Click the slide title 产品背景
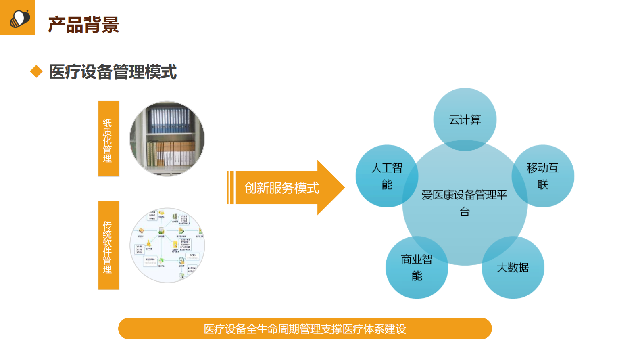pos(83,25)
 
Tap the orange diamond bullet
pos(36,72)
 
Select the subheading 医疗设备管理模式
pos(113,72)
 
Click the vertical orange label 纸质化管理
pos(108,139)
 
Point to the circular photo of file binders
pos(167,139)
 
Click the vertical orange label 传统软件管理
pos(108,245)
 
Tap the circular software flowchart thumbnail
pos(167,245)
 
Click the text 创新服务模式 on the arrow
pos(281,188)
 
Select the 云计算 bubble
pos(465,119)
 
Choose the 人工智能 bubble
pos(387,176)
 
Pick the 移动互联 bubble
pos(543,176)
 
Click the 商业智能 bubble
pos(417,267)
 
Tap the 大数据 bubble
pos(513,267)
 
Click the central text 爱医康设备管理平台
pos(465,203)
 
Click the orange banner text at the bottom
pos(305,329)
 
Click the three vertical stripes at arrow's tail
pos(230,188)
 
